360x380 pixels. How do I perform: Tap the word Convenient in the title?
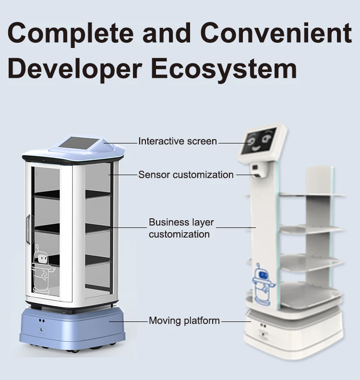tap(276, 32)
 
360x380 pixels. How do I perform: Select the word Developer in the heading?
tap(74, 70)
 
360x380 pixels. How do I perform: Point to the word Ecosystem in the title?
tap(224, 70)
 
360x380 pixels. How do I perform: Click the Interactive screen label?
tap(178, 141)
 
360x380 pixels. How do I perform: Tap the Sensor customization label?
tap(186, 175)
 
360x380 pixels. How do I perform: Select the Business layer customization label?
tap(181, 228)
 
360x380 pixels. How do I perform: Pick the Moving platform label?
tap(184, 321)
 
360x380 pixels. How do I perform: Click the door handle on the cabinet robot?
tap(28, 229)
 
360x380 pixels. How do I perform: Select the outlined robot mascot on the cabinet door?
tap(43, 269)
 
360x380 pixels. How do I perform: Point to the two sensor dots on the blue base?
tap(42, 321)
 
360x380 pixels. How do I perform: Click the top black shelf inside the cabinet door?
tap(47, 194)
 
